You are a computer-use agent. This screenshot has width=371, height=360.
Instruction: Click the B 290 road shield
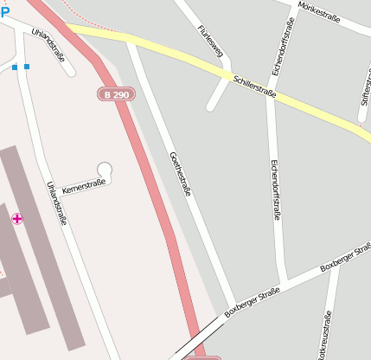pos(117,93)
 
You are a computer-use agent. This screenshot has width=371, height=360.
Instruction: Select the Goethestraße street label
pos(180,173)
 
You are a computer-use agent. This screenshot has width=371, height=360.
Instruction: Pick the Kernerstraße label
pos(83,187)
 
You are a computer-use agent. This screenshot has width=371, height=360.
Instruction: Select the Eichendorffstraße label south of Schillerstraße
pos(276,190)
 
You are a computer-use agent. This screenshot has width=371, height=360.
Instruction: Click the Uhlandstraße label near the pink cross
pos(57,204)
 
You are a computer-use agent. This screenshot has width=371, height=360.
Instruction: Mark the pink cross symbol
pos(17,219)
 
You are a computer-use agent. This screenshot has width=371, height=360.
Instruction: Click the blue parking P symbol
pos(5,12)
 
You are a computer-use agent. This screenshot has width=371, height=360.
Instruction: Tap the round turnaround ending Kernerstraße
pos(106,170)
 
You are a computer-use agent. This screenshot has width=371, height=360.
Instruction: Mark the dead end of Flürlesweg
pos(210,107)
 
